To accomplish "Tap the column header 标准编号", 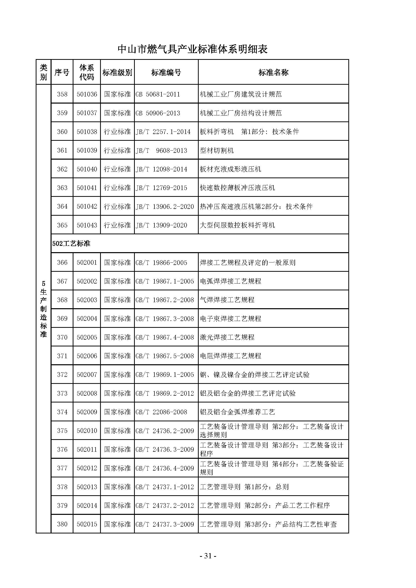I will [x=166, y=72].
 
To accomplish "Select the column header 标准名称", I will [x=273, y=72].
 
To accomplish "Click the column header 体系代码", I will [x=87, y=72].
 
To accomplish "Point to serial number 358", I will [x=62, y=94].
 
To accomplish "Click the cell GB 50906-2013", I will [x=158, y=113].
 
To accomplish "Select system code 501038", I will [x=87, y=132].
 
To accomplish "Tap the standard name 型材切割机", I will [x=217, y=150].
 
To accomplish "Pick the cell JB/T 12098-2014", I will [x=161, y=169].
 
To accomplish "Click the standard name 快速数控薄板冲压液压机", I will [x=237, y=188].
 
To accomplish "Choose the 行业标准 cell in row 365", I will [x=117, y=225].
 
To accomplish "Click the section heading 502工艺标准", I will [x=71, y=244].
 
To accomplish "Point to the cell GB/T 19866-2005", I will [x=161, y=262].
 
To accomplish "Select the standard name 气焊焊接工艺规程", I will [x=227, y=300].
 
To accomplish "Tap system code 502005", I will [x=87, y=337].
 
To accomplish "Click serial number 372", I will [x=62, y=375].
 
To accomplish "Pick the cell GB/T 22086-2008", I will [x=161, y=412].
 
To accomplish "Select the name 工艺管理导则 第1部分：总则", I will [x=244, y=487].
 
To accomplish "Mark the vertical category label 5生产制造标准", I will [x=44, y=309].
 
